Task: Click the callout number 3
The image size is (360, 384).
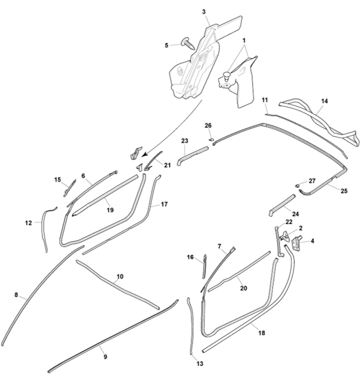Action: tap(204, 12)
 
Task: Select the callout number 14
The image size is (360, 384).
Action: tap(325, 101)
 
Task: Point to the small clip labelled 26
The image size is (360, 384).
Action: tap(212, 140)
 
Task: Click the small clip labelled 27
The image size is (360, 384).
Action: tap(298, 186)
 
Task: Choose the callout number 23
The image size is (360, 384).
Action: tap(185, 141)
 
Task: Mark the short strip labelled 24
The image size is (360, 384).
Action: tap(282, 205)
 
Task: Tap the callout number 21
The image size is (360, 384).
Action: tap(168, 165)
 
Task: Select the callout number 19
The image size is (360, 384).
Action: tap(110, 210)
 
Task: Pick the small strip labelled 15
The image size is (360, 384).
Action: tap(70, 188)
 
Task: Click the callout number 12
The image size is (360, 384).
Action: tap(28, 223)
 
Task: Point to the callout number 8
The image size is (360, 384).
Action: tap(16, 295)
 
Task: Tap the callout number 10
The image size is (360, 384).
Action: tap(120, 276)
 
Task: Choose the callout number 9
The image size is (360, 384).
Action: tap(106, 357)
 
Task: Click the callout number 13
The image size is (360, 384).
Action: tap(200, 364)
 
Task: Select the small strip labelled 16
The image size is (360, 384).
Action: tap(205, 266)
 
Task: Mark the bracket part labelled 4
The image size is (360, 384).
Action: tap(297, 243)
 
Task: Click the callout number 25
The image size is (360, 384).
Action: tap(344, 191)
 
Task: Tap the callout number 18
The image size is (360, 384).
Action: tap(262, 333)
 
